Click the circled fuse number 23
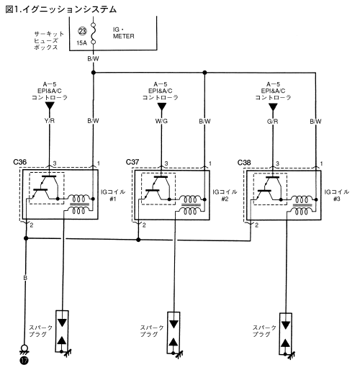(82, 31)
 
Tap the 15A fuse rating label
(81, 43)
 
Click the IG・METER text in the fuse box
(124, 33)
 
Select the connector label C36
(19, 162)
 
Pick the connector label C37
(132, 162)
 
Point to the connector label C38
(244, 163)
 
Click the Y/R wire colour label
(50, 121)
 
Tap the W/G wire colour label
(161, 121)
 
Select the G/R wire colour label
(273, 122)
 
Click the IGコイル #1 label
(113, 195)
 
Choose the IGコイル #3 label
(337, 195)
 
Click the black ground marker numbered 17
(24, 361)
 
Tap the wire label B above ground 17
(25, 278)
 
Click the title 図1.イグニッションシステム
(60, 9)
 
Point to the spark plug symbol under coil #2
(174, 333)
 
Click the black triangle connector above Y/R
(50, 106)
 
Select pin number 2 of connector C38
(256, 225)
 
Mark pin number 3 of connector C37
(166, 163)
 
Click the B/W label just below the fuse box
(93, 58)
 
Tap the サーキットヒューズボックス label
(49, 40)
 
